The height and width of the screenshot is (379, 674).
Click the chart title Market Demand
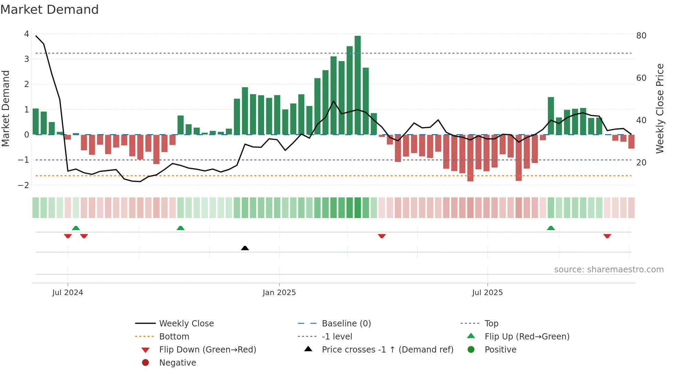coord(50,9)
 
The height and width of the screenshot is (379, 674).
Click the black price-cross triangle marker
coord(245,248)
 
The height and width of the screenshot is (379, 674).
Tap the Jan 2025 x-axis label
coord(279,292)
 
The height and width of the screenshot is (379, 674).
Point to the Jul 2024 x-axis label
coord(68,292)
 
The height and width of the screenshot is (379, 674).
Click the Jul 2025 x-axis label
coord(487,292)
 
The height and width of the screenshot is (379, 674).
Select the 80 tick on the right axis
coord(641,35)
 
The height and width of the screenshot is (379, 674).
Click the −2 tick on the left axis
coord(24,185)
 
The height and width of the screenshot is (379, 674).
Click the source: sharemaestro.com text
coord(609,269)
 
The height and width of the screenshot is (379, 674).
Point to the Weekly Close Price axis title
coord(660,108)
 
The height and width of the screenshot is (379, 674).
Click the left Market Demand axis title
coord(6,108)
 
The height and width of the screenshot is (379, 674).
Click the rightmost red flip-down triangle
coord(607,236)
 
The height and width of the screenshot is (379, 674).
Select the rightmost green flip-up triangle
coord(551,228)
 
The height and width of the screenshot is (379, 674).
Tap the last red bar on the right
coord(631,141)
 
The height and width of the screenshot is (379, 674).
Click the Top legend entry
coord(491,323)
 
